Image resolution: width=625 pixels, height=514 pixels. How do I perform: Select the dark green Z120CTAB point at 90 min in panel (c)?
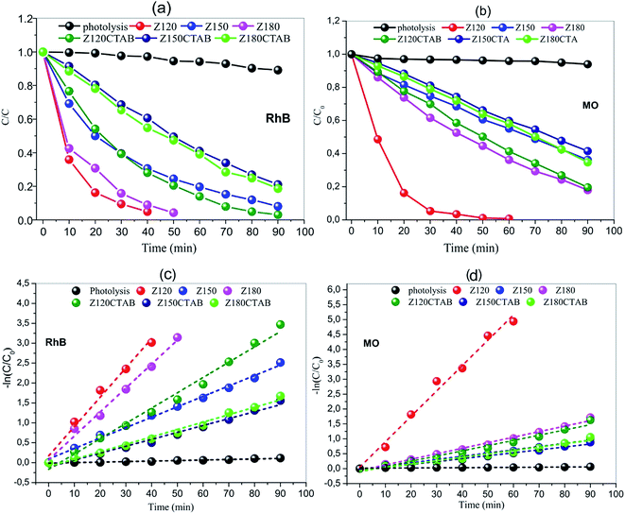[280, 324]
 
